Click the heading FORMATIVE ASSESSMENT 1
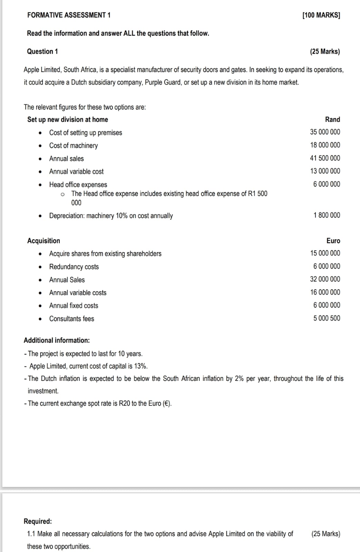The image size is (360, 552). click(69, 15)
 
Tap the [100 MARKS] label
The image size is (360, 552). click(321, 15)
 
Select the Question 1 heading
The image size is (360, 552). click(42, 51)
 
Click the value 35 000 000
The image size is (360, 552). click(325, 132)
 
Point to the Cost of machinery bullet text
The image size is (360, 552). click(73, 146)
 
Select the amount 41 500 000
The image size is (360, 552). click(325, 158)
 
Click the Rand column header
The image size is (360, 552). click(332, 119)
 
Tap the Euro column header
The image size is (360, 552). click(333, 241)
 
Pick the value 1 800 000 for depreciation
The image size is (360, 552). click(327, 215)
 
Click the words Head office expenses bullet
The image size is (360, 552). click(78, 185)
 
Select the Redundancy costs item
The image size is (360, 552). click(74, 267)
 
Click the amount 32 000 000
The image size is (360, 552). click(325, 279)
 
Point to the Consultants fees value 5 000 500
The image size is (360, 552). click(327, 318)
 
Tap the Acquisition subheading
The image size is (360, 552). click(43, 241)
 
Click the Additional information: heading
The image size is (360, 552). click(57, 340)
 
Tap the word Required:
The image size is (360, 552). click(38, 521)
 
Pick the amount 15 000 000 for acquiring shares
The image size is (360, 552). click(325, 253)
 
